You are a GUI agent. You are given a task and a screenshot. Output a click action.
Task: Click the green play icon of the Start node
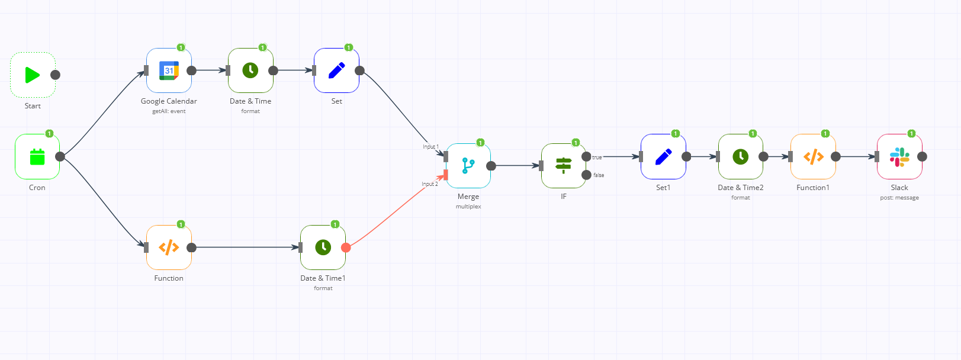[33, 75]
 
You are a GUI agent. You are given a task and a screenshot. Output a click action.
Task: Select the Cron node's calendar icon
[37, 157]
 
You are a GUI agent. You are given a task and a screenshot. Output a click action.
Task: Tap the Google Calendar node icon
[169, 70]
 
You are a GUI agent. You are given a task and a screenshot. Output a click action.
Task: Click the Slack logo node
[899, 157]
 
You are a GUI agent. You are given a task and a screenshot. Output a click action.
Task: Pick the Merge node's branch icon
[468, 166]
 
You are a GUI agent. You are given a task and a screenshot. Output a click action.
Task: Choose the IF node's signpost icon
[564, 166]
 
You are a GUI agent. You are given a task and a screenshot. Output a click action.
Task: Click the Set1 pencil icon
[663, 157]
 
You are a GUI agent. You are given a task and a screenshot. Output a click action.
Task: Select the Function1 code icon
[813, 157]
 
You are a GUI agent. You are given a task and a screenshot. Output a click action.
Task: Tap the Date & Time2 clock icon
[741, 157]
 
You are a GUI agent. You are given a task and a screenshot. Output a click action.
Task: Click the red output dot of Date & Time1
[346, 247]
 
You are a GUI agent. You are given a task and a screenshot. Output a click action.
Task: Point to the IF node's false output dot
[586, 175]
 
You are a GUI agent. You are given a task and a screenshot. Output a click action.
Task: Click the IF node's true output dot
[586, 157]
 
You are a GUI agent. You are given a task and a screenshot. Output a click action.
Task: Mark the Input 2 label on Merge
[430, 184]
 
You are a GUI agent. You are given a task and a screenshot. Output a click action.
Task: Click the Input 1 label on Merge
[430, 147]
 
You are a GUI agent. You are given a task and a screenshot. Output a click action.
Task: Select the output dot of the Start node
[55, 75]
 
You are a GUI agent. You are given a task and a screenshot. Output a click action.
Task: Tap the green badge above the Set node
[349, 47]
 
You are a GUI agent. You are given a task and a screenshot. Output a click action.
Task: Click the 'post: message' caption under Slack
[899, 198]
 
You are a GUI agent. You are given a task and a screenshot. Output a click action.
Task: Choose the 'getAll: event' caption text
[169, 111]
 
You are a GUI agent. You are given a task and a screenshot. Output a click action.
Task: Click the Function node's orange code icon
[169, 247]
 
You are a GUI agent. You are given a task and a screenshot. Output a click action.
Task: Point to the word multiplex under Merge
[468, 207]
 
